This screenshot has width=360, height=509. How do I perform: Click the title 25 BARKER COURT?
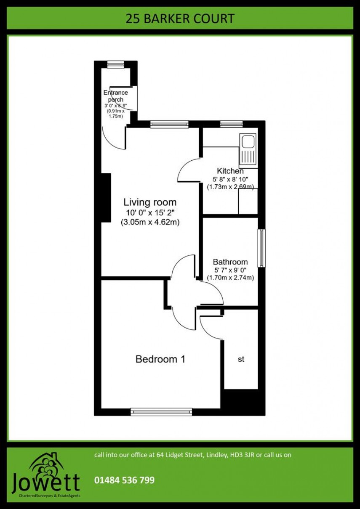(180, 19)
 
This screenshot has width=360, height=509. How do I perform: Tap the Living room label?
(149, 202)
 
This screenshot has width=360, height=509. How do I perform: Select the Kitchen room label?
(230, 171)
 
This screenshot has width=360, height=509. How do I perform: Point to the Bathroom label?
(230, 262)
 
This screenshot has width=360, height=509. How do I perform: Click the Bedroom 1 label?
(160, 359)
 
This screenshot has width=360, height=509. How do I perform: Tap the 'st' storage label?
(241, 359)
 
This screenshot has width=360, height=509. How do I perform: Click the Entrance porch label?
(115, 96)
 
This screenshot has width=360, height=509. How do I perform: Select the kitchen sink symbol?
(248, 150)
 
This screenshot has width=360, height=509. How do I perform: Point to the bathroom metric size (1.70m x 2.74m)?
(230, 278)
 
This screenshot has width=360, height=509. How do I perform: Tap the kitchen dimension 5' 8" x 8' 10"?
(230, 179)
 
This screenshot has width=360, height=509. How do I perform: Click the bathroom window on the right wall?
(261, 248)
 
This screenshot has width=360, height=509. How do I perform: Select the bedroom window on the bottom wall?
(161, 411)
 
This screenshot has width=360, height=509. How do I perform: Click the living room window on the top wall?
(169, 124)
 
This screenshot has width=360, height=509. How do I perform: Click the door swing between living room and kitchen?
(187, 170)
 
